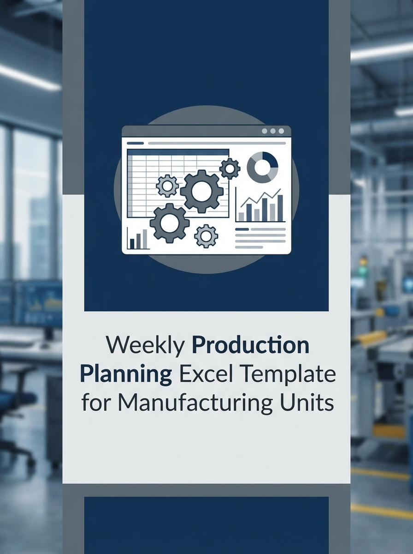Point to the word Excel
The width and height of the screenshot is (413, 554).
point(202,374)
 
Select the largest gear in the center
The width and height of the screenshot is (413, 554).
point(201,191)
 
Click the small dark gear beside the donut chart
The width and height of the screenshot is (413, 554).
point(230,169)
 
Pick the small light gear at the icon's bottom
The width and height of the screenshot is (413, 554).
point(206,236)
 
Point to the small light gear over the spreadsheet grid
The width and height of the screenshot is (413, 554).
point(167,186)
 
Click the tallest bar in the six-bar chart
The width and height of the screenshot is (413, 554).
point(280,208)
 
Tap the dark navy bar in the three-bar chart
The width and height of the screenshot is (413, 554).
point(132,243)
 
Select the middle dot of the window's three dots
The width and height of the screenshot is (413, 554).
point(272,132)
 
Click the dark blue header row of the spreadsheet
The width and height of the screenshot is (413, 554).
point(178,152)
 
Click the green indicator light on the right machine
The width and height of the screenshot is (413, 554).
point(363,261)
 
